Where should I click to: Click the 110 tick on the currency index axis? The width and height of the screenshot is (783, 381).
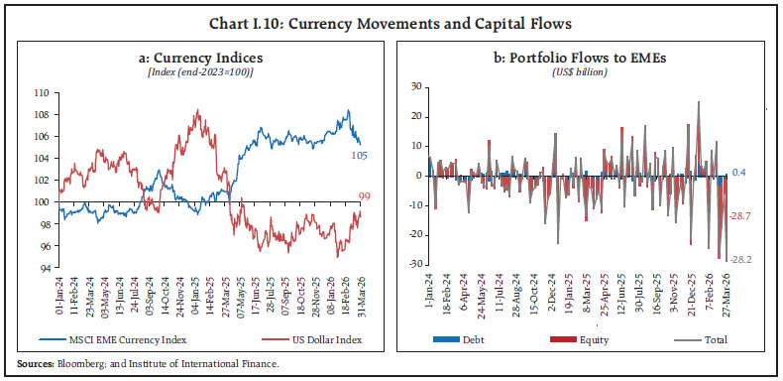click(43, 91)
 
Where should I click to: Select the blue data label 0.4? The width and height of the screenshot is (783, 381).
click(740, 172)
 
